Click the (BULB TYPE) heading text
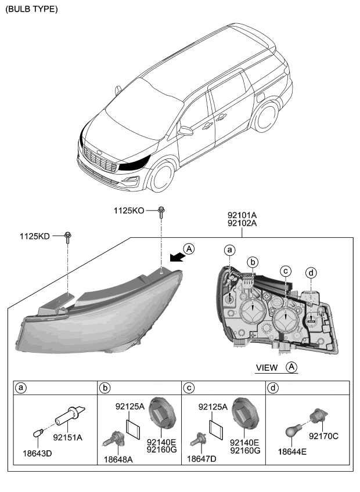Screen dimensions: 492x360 click(32, 10)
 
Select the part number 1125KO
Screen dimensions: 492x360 click(128, 212)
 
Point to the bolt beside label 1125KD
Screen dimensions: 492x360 click(68, 237)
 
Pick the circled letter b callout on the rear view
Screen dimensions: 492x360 click(251, 261)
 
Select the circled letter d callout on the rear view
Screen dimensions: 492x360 click(311, 273)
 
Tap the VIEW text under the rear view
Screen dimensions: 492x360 click(267, 367)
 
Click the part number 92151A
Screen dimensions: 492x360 click(69, 437)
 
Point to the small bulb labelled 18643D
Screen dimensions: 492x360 click(38, 433)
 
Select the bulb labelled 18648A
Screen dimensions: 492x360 click(114, 441)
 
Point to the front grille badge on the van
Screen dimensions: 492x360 click(103, 153)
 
